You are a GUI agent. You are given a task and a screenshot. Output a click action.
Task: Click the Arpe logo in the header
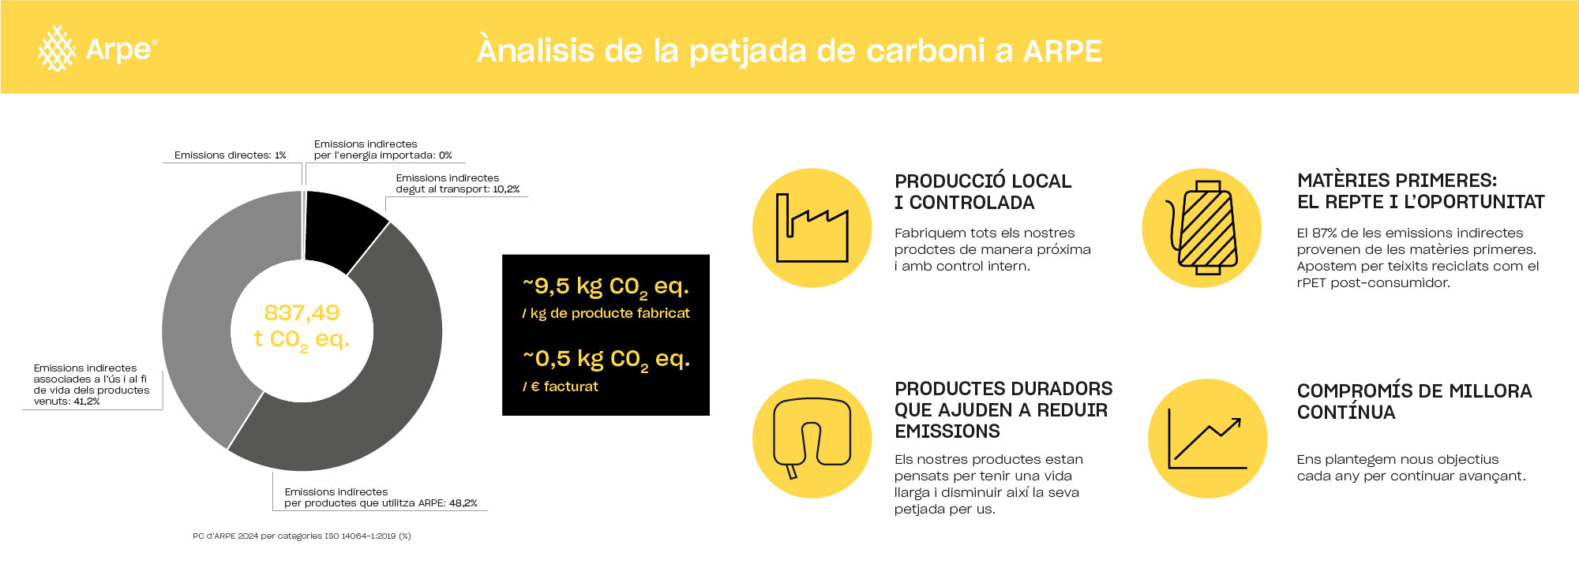[98, 48]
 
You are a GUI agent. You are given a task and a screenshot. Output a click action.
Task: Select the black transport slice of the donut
[341, 229]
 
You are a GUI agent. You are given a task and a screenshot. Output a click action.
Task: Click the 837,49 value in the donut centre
[302, 312]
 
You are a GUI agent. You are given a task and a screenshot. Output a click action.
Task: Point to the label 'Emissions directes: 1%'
[230, 155]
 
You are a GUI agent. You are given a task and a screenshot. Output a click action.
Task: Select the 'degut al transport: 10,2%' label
[457, 189]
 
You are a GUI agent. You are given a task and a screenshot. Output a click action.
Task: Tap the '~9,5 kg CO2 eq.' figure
[606, 287]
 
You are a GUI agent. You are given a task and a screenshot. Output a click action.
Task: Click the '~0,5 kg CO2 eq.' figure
[606, 360]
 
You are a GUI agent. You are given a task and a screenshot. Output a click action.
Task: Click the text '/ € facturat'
[560, 387]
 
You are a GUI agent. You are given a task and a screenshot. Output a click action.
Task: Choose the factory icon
[812, 228]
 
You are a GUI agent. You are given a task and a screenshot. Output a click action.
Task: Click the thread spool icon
[1202, 228]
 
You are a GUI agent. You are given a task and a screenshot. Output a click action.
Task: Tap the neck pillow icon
[812, 439]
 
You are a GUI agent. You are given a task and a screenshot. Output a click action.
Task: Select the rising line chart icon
[1207, 439]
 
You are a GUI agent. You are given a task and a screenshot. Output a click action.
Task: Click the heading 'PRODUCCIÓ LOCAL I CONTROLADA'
[983, 192]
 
